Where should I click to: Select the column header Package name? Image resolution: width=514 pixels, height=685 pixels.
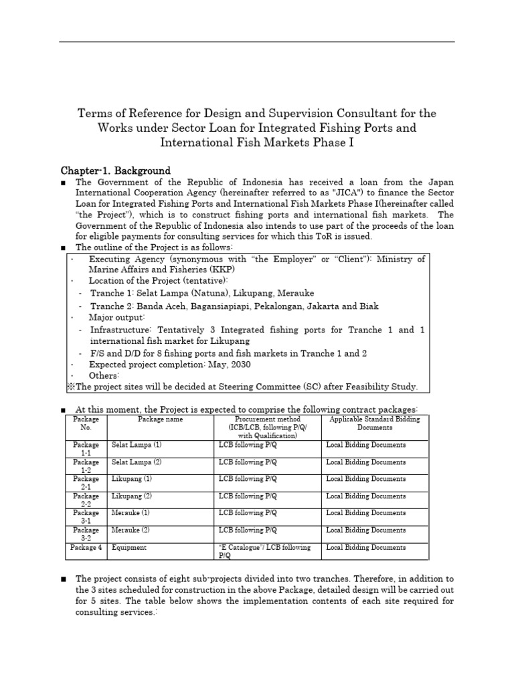point(160,419)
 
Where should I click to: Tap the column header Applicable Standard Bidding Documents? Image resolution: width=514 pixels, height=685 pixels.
point(375,423)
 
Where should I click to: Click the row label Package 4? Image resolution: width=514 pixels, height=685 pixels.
point(86,547)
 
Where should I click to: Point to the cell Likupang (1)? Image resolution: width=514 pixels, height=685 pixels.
point(132,479)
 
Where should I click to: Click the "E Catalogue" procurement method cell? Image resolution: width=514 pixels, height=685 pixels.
point(264,551)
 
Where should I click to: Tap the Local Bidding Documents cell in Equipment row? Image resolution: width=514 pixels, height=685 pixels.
point(365,547)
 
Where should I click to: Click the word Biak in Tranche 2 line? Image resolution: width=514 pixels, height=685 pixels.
point(367,306)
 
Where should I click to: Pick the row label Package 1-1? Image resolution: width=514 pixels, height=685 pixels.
point(86,448)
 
